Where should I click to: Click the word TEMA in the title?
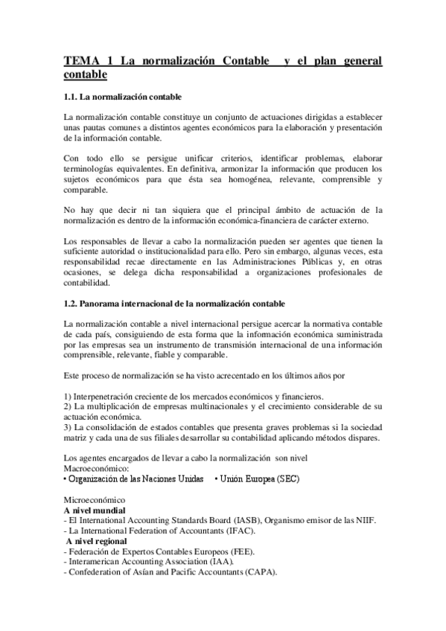coord(80,61)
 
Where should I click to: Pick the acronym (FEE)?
coord(240,551)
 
